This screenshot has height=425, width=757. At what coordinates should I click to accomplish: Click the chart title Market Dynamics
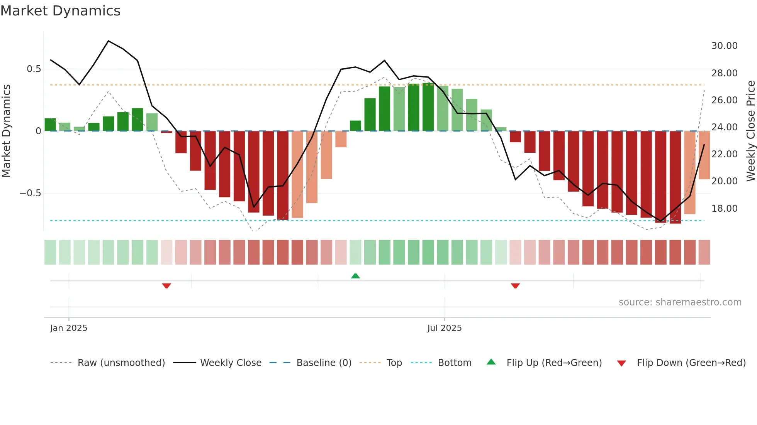click(60, 11)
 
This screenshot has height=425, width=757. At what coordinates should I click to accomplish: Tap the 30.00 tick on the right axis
click(724, 46)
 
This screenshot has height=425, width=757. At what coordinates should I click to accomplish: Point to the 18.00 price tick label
click(724, 209)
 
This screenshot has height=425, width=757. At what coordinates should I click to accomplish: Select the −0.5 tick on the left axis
click(31, 193)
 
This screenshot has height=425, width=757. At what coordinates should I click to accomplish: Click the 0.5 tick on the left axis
click(34, 69)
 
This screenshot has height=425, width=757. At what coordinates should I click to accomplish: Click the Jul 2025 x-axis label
click(444, 328)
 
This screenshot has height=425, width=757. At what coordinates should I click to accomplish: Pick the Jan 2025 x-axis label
click(69, 328)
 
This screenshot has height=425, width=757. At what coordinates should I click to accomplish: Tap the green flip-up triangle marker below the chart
click(355, 276)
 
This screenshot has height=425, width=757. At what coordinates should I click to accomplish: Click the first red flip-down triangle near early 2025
click(166, 286)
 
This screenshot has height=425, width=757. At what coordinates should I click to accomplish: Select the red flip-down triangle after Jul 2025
click(515, 286)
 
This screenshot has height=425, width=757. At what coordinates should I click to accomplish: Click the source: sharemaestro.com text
click(680, 302)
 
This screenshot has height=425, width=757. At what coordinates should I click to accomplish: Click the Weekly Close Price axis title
click(750, 131)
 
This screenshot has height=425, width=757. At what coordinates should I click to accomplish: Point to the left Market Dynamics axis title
click(6, 131)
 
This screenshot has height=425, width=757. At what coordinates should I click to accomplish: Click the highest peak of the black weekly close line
click(109, 41)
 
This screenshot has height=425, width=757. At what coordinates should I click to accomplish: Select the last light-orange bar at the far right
click(704, 155)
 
